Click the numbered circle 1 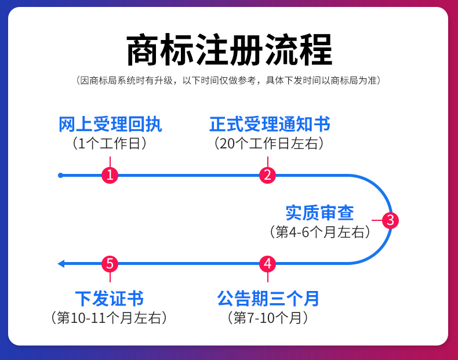[x=110, y=175]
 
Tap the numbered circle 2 [x=267, y=175]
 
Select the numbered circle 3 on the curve [x=390, y=220]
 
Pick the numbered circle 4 [x=267, y=264]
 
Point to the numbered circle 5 [x=110, y=264]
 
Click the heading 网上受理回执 [x=110, y=125]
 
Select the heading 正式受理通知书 [x=270, y=125]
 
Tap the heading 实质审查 [x=319, y=213]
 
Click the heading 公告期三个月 [x=268, y=299]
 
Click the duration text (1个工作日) [x=110, y=143]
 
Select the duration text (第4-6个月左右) [x=319, y=232]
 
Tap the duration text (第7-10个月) [x=267, y=318]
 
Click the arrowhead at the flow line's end [x=61, y=264]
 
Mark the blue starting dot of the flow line [x=60, y=175]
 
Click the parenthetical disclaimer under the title [x=229, y=81]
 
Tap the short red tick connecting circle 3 [x=377, y=220]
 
